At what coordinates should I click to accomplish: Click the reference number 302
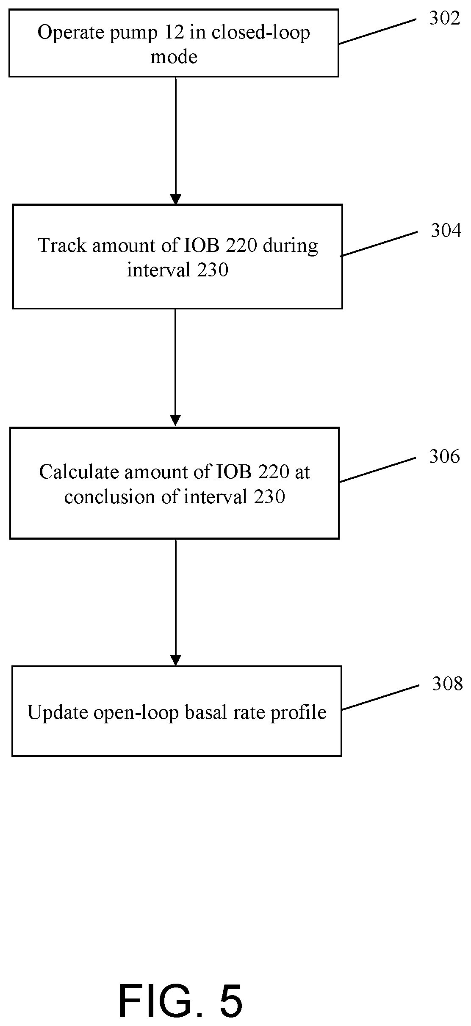point(444,18)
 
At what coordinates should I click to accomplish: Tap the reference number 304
point(446,231)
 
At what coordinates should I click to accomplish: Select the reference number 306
point(444,457)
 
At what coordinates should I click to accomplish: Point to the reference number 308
point(447,684)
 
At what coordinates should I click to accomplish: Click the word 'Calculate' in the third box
point(79,472)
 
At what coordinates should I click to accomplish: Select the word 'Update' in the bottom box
point(58,713)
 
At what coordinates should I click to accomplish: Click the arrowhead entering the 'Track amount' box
point(175,199)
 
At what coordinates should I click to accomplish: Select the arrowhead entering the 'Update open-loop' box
point(175,660)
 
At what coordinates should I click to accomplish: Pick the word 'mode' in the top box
point(174,57)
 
